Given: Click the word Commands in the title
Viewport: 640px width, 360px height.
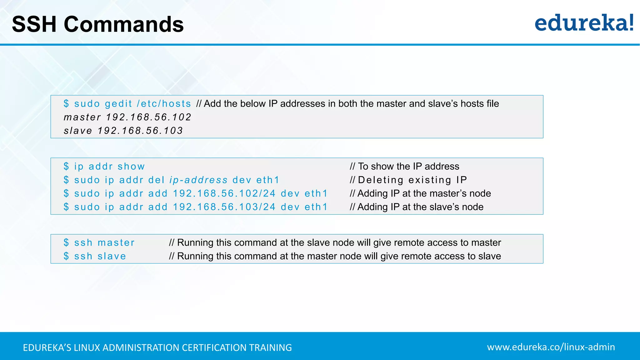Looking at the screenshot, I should point(124,24).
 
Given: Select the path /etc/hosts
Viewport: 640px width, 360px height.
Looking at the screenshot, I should point(164,104).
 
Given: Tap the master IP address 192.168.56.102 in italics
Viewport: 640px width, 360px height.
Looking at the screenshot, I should point(148,117).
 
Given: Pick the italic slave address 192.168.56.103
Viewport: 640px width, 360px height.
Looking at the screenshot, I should point(140,131).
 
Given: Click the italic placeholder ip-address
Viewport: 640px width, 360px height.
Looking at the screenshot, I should point(198,180).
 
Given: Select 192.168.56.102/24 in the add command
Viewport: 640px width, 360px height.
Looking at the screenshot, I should point(224,193).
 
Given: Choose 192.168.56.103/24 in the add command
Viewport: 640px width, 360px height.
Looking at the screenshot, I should point(224,207).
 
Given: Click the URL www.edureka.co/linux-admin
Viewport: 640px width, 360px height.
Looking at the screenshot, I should point(551,347).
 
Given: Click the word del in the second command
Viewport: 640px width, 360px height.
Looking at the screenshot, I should point(156,180).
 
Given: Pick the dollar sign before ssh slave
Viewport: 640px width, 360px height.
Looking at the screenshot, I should point(66,256).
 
